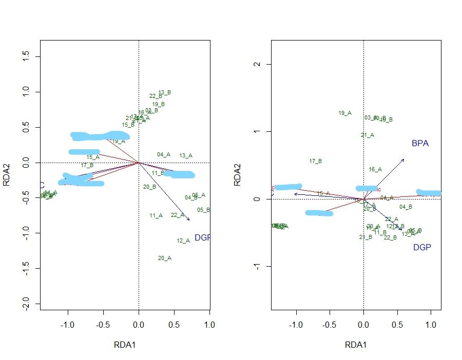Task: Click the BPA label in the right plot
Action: tap(419, 144)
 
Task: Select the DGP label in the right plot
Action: tap(422, 248)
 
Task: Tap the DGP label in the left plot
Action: tap(202, 238)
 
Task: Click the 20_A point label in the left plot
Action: tap(165, 258)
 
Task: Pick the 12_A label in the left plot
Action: tap(183, 241)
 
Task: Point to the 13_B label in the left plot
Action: tap(165, 93)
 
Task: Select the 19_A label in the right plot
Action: tap(345, 113)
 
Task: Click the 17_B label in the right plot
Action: tap(316, 162)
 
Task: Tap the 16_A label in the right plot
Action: tap(375, 169)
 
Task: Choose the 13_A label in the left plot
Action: tap(186, 156)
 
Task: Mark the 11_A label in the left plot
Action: tap(156, 216)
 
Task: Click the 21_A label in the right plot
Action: tap(368, 135)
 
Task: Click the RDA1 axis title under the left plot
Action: tap(125, 345)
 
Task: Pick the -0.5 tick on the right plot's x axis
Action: tap(330, 325)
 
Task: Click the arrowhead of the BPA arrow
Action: tap(403, 159)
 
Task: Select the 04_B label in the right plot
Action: tap(406, 207)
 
